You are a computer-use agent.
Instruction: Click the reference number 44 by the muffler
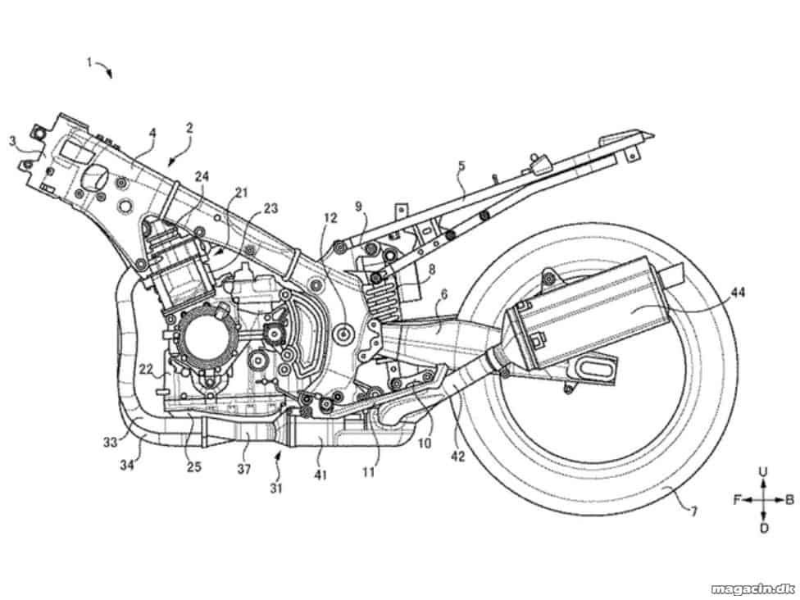[x=737, y=293]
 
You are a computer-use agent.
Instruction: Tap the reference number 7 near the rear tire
[x=694, y=510]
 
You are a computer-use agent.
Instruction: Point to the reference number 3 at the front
[x=12, y=140]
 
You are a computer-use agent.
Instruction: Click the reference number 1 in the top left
[x=89, y=63]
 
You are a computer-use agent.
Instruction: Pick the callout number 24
[x=202, y=176]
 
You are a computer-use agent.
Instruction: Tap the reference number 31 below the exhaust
[x=276, y=489]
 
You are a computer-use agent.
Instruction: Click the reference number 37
[x=244, y=468]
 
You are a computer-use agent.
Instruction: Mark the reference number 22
[x=147, y=370]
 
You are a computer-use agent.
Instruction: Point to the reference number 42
[x=458, y=456]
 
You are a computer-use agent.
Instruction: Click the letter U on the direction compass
[x=763, y=472]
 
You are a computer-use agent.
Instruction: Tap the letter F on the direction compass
[x=737, y=500]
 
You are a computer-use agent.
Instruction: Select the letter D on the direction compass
[x=764, y=528]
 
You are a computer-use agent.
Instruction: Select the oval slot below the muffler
[x=593, y=368]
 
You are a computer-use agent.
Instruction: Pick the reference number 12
[x=330, y=218]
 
